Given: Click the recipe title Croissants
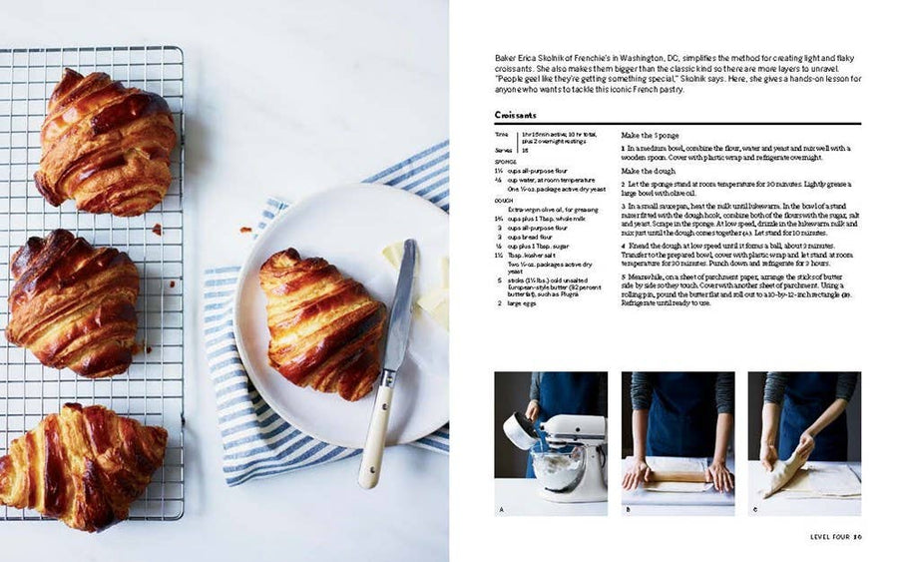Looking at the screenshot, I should coord(515,115).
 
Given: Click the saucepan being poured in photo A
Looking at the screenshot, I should coord(520,430).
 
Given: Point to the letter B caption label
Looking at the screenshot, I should coord(628,509).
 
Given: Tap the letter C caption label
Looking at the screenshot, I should coord(754,509).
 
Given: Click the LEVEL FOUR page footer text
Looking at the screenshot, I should coord(828,537).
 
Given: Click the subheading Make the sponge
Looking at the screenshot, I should coord(651,135).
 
